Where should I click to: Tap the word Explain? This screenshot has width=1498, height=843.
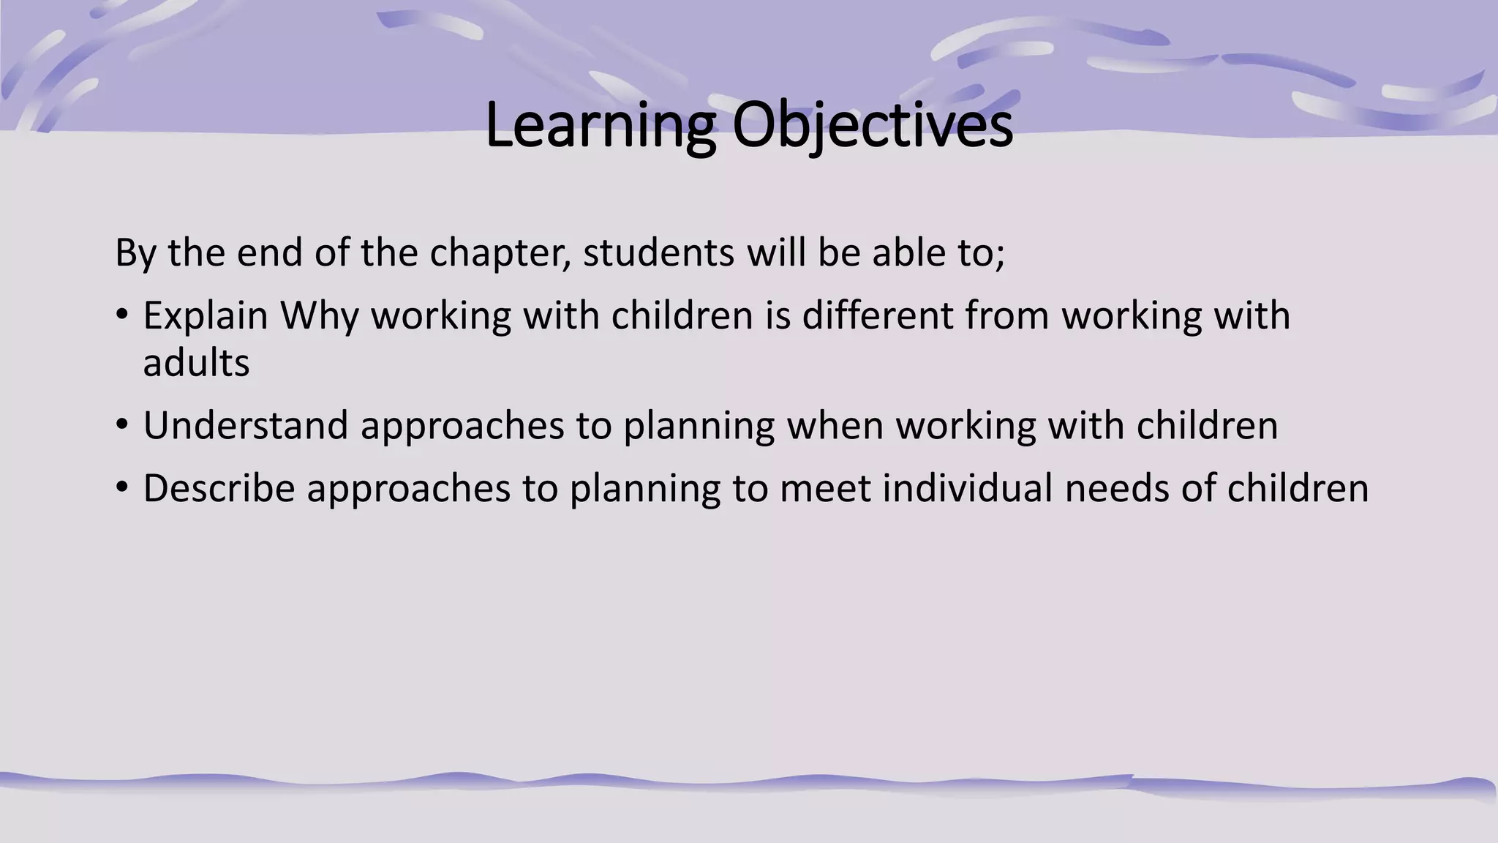(206, 316)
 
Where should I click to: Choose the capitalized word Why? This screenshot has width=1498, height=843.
(320, 316)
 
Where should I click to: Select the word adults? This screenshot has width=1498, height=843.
(196, 363)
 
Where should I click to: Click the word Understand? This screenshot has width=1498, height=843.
(245, 426)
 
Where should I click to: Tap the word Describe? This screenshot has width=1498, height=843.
(219, 488)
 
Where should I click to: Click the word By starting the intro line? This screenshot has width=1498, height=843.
(135, 253)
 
